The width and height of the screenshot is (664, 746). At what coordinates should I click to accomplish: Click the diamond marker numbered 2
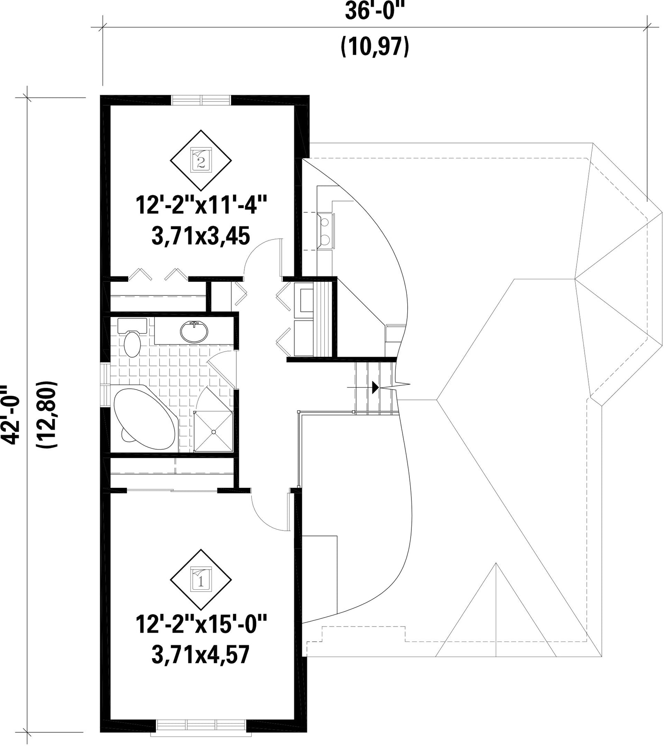tap(201, 160)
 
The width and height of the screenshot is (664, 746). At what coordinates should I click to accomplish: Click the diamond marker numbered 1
tap(201, 580)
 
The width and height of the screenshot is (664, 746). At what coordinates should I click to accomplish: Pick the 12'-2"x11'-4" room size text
tap(201, 206)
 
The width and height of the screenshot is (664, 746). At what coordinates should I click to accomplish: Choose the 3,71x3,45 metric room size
tap(201, 237)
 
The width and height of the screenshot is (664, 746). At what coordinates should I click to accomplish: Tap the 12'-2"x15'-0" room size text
tap(201, 625)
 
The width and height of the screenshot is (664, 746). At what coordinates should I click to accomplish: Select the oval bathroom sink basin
tap(194, 332)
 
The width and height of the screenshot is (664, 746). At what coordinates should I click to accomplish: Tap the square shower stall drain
tap(213, 432)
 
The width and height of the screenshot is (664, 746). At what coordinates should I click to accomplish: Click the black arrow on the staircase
tap(375, 387)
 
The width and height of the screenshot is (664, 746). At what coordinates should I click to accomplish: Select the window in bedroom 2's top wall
tap(201, 100)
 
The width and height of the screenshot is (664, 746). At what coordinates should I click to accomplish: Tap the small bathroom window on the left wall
tap(105, 385)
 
